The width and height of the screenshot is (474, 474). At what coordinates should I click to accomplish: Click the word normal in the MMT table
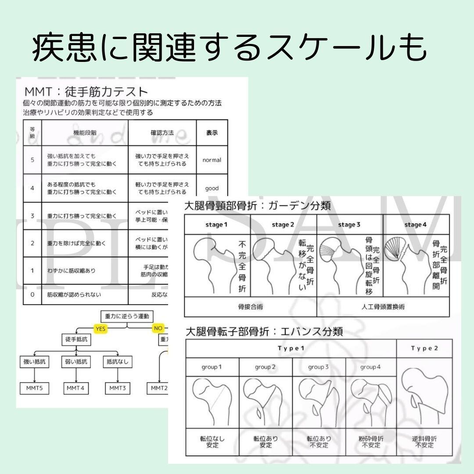coord(212,160)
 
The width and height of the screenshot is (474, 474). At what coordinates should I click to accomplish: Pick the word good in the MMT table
coord(212,189)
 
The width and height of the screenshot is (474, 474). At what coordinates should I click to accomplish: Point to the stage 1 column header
coord(217,225)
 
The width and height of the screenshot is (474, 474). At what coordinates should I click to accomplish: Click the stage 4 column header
coord(416,225)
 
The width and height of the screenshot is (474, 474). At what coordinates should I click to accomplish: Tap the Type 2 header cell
coord(424,348)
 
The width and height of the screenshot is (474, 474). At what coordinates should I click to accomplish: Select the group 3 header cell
coord(319,367)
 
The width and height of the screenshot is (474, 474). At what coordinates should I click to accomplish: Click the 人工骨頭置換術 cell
coord(383,307)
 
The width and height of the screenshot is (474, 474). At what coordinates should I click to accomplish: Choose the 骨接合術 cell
coord(250,307)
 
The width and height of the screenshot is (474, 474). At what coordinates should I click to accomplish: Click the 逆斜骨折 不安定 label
coord(424,442)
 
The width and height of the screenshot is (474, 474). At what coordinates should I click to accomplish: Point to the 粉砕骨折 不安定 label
coord(371,442)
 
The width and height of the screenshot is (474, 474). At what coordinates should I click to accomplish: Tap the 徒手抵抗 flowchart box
coord(76,339)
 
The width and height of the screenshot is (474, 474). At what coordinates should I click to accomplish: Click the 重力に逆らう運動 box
coord(127,316)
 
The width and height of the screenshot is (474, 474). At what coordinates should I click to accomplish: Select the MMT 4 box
coord(75,388)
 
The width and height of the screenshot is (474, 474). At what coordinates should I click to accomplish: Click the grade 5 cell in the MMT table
coord(32,160)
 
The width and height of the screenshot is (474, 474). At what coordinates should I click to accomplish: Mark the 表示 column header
coord(212,133)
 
